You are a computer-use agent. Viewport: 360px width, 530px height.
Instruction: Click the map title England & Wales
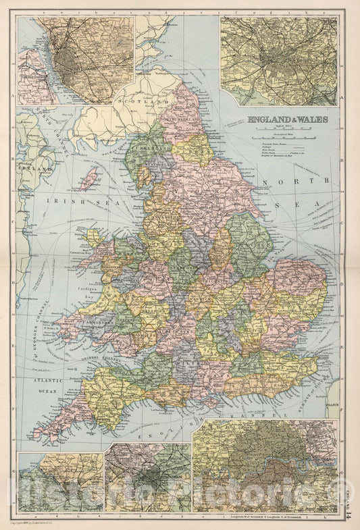click(x=287, y=120)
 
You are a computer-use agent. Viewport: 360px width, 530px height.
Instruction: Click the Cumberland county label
click(x=147, y=144)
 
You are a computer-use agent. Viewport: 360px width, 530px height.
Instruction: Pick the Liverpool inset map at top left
click(x=74, y=61)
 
